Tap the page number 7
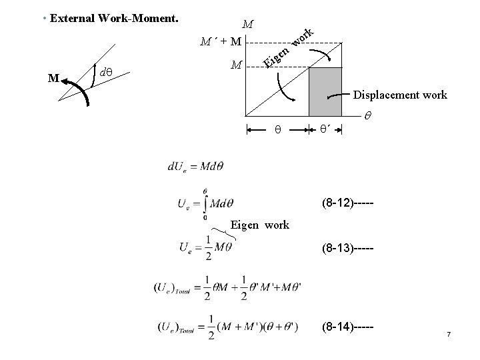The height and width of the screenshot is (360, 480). tap(449, 333)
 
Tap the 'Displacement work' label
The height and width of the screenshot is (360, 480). tap(400, 95)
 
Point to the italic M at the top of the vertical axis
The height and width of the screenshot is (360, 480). tap(247, 25)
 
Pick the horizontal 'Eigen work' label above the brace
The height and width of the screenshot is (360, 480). tap(260, 225)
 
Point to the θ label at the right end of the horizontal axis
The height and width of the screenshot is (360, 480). tap(368, 116)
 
